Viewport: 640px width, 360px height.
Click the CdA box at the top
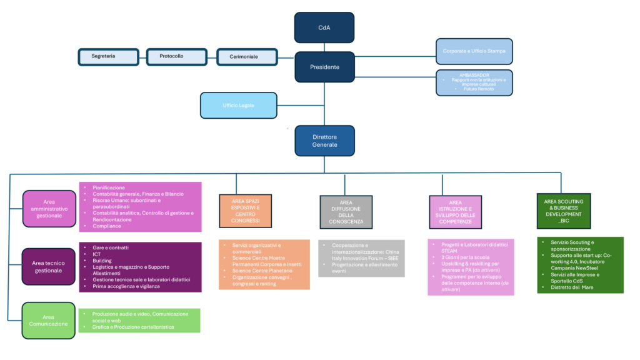[x=324, y=27]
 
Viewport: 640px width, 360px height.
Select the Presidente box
[x=324, y=67]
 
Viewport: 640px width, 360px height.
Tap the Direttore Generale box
[x=324, y=141]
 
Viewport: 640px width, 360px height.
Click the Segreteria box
[x=107, y=56]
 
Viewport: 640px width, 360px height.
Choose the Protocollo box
[x=176, y=56]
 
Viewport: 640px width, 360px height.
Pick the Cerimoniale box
[x=246, y=56]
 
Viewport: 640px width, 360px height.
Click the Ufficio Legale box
[x=238, y=105]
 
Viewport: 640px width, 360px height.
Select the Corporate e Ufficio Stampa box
[x=474, y=51]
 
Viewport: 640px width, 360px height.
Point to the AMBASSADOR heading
[x=474, y=76]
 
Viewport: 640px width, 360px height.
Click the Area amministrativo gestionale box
[x=49, y=209]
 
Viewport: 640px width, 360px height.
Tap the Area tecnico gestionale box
[x=49, y=266]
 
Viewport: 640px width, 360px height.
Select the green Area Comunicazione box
[x=49, y=321]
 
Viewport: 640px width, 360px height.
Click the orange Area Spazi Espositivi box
[x=246, y=211]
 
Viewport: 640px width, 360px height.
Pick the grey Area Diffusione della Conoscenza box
[x=346, y=212]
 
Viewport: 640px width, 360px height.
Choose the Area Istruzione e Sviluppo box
[x=455, y=212]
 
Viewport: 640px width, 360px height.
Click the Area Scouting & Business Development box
[x=564, y=210]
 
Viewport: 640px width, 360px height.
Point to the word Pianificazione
[x=109, y=187]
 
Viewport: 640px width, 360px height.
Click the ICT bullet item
[x=97, y=255]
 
